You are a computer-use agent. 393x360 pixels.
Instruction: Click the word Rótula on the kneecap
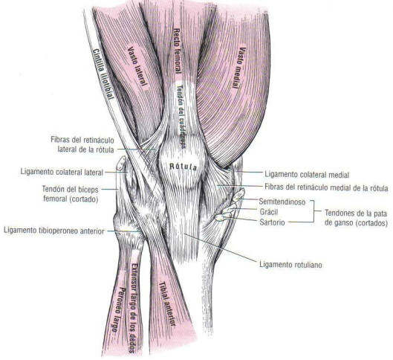pyautogui.click(x=183, y=167)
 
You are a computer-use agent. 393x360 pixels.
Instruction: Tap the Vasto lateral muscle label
pyautogui.click(x=137, y=68)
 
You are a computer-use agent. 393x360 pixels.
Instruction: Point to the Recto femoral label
pyautogui.click(x=178, y=51)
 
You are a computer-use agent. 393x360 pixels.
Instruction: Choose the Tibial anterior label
pyautogui.click(x=166, y=303)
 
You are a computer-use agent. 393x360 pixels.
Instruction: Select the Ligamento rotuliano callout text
pyautogui.click(x=290, y=265)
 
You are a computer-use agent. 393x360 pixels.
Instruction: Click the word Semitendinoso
pyautogui.click(x=282, y=202)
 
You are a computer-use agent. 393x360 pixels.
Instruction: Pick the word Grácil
pyautogui.click(x=269, y=212)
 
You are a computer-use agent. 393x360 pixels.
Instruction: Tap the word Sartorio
pyautogui.click(x=272, y=222)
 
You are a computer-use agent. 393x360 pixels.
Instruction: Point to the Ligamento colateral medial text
pyautogui.click(x=307, y=175)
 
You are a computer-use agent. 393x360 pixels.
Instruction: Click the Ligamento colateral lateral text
pyautogui.click(x=62, y=172)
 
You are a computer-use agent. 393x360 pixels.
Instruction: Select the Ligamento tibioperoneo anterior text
pyautogui.click(x=54, y=231)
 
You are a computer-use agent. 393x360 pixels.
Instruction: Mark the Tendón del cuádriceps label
pyautogui.click(x=182, y=117)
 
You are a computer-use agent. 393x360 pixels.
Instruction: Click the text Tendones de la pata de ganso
pyautogui.click(x=356, y=218)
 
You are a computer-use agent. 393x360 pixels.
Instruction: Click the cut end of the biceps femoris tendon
pyautogui.click(x=122, y=162)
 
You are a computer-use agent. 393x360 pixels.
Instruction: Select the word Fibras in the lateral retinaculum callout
pyautogui.click(x=60, y=140)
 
